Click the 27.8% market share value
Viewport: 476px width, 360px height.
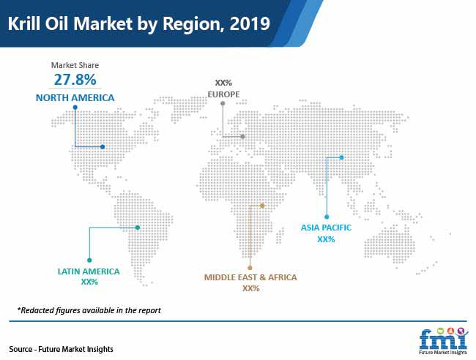pyautogui.click(x=75, y=80)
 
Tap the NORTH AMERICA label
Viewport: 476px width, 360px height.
pyautogui.click(x=75, y=97)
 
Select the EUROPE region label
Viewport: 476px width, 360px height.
pyautogui.click(x=223, y=94)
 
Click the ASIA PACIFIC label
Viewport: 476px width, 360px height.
pyautogui.click(x=326, y=228)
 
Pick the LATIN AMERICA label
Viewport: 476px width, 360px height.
pyautogui.click(x=89, y=271)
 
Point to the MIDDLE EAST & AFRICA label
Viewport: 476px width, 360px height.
pyautogui.click(x=250, y=277)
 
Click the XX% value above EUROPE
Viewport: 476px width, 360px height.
pyautogui.click(x=223, y=83)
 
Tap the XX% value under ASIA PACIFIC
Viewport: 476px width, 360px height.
pyautogui.click(x=326, y=239)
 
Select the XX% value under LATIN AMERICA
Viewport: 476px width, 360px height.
pyautogui.click(x=89, y=282)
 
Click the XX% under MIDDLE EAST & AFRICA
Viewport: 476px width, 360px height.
pyautogui.click(x=250, y=288)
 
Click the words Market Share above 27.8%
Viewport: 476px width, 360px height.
pyautogui.click(x=75, y=65)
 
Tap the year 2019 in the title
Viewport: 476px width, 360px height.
pyautogui.click(x=250, y=23)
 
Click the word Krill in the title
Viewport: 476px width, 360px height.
pyautogui.click(x=25, y=23)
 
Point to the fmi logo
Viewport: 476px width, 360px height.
pyautogui.click(x=443, y=341)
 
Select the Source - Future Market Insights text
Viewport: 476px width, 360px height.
pyautogui.click(x=61, y=349)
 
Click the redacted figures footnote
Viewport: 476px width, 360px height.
pyautogui.click(x=89, y=310)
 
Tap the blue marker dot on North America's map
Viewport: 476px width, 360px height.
pyautogui.click(x=103, y=147)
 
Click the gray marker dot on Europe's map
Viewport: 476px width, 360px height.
pyautogui.click(x=242, y=137)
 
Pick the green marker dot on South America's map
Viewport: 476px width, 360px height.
pyautogui.click(x=138, y=228)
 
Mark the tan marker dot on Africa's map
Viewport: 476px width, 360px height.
pyautogui.click(x=263, y=206)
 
